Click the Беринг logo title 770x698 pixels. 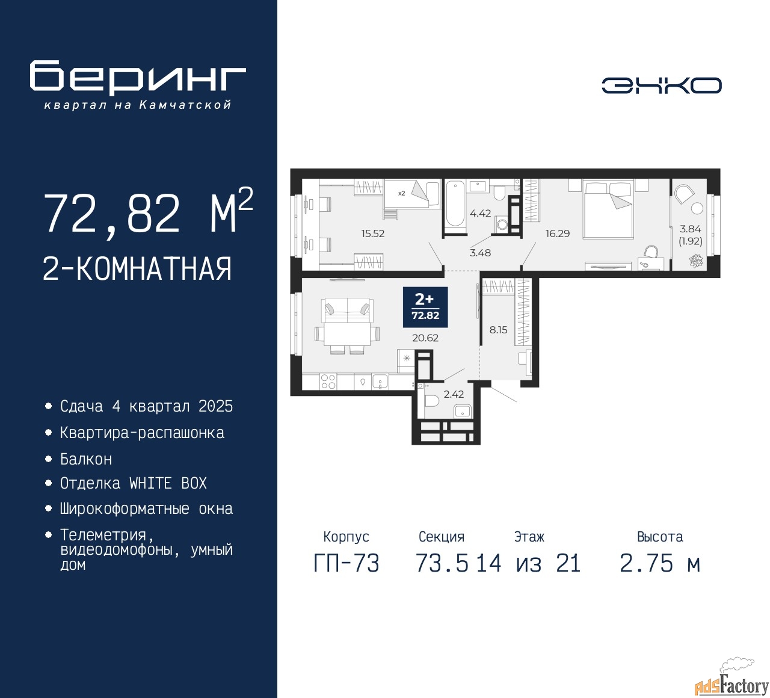tap(137, 77)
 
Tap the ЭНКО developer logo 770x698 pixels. tap(661, 85)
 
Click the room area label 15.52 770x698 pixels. tap(373, 233)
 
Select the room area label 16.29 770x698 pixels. tap(558, 233)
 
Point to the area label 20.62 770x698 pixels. tap(425, 338)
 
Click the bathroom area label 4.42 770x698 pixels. tap(480, 213)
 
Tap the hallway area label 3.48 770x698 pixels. tap(480, 253)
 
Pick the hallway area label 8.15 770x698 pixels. tap(498, 329)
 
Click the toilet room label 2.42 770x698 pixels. tap(454, 394)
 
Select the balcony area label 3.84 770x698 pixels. tap(690, 229)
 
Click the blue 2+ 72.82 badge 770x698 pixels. tap(425, 307)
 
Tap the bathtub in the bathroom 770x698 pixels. tap(455, 203)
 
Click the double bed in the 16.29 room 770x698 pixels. tap(607, 209)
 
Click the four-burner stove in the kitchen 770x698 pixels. tap(328, 381)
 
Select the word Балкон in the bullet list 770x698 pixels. tap(86, 459)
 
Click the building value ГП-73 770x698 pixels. tap(346, 563)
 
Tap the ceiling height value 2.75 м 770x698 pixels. tap(660, 563)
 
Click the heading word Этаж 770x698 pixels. tap(529, 536)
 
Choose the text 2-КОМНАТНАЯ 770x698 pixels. tap(137, 269)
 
